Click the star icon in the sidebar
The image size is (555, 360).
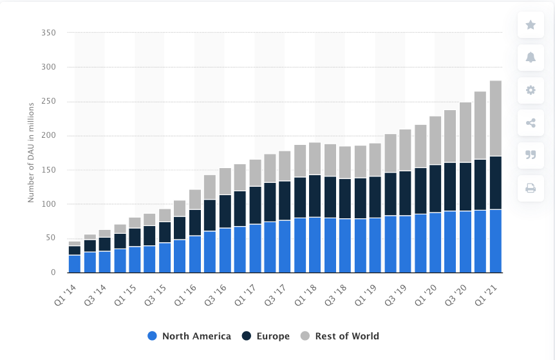531,25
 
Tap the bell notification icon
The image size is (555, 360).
531,57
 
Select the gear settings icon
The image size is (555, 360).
531,90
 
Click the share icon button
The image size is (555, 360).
531,122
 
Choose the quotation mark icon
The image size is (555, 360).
531,155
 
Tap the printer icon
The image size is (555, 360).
531,188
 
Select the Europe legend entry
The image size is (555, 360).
265,336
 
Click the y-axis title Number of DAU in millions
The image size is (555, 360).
30,152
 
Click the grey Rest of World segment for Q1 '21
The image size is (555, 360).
496,118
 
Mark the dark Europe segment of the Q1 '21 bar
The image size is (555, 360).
496,183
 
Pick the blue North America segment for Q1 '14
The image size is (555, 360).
75,264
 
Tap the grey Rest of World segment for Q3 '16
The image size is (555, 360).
225,181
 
